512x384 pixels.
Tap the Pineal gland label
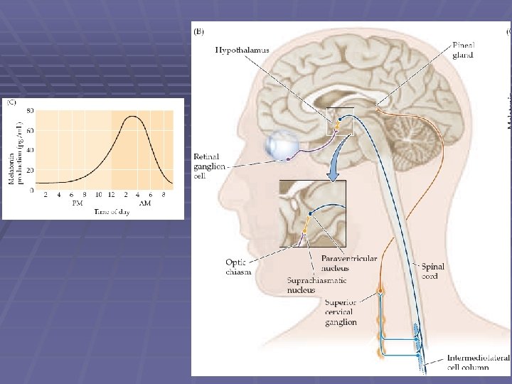point(464,50)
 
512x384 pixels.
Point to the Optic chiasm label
point(238,267)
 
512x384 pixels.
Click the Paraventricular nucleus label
point(349,263)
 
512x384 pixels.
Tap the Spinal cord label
point(433,272)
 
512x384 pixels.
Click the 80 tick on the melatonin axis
point(31,111)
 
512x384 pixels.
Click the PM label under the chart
point(79,203)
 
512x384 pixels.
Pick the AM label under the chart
point(144,203)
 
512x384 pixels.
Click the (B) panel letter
point(200,31)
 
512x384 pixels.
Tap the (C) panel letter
point(11,103)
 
